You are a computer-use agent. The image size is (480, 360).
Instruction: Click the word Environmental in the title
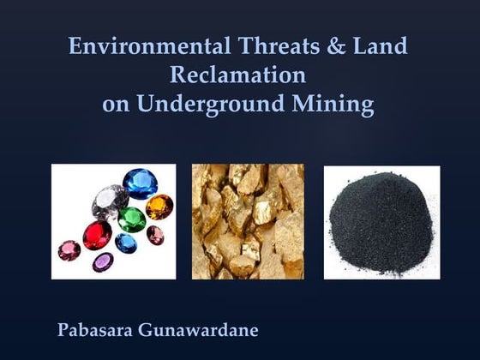coord(136,45)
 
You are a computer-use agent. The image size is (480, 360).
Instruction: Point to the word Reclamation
coord(238,75)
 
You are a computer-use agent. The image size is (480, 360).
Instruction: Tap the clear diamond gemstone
coord(105,201)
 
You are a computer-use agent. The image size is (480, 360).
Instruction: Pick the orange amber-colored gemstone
coord(159,207)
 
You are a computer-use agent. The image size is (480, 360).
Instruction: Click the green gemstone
coord(131,218)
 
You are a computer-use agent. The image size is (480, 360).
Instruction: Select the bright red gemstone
coord(96,235)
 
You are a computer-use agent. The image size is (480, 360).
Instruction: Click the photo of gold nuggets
coord(248,222)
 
